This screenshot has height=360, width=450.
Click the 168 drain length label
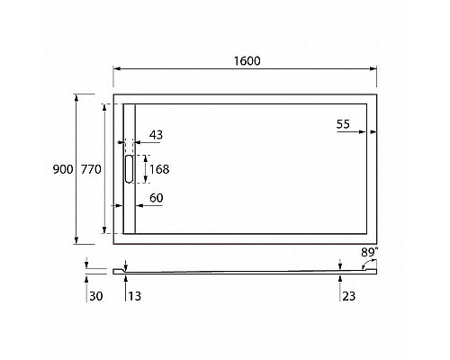pos(158,168)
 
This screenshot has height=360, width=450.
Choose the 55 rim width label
pos(344,126)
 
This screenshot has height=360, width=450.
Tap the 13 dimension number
pos(135,295)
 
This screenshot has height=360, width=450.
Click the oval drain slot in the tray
pos(128,169)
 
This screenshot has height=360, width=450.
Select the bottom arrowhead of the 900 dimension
pos(76,241)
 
